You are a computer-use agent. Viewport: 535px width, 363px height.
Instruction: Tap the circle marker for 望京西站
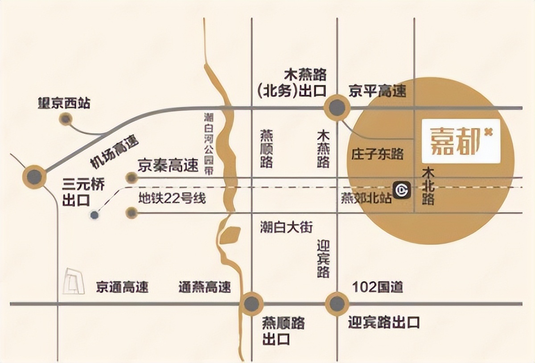coord(66,119)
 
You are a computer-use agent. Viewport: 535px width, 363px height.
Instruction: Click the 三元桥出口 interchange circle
coord(34,177)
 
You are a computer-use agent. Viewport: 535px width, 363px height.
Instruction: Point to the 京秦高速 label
coord(167,166)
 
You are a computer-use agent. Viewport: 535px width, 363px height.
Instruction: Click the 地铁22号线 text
coord(172,198)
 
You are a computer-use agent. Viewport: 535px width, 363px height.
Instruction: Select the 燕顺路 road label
coord(267,148)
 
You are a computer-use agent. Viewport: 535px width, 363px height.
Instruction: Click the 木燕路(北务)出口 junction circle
coord(337,108)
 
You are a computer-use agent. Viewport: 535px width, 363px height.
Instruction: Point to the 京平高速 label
coord(378,92)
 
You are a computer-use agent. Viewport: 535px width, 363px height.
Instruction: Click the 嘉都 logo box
coord(461,140)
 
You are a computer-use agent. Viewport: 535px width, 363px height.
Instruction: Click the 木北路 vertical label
coord(429,186)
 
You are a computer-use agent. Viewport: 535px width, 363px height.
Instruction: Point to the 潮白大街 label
coord(286,227)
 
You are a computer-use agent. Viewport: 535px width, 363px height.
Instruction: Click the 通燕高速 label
coord(205,287)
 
